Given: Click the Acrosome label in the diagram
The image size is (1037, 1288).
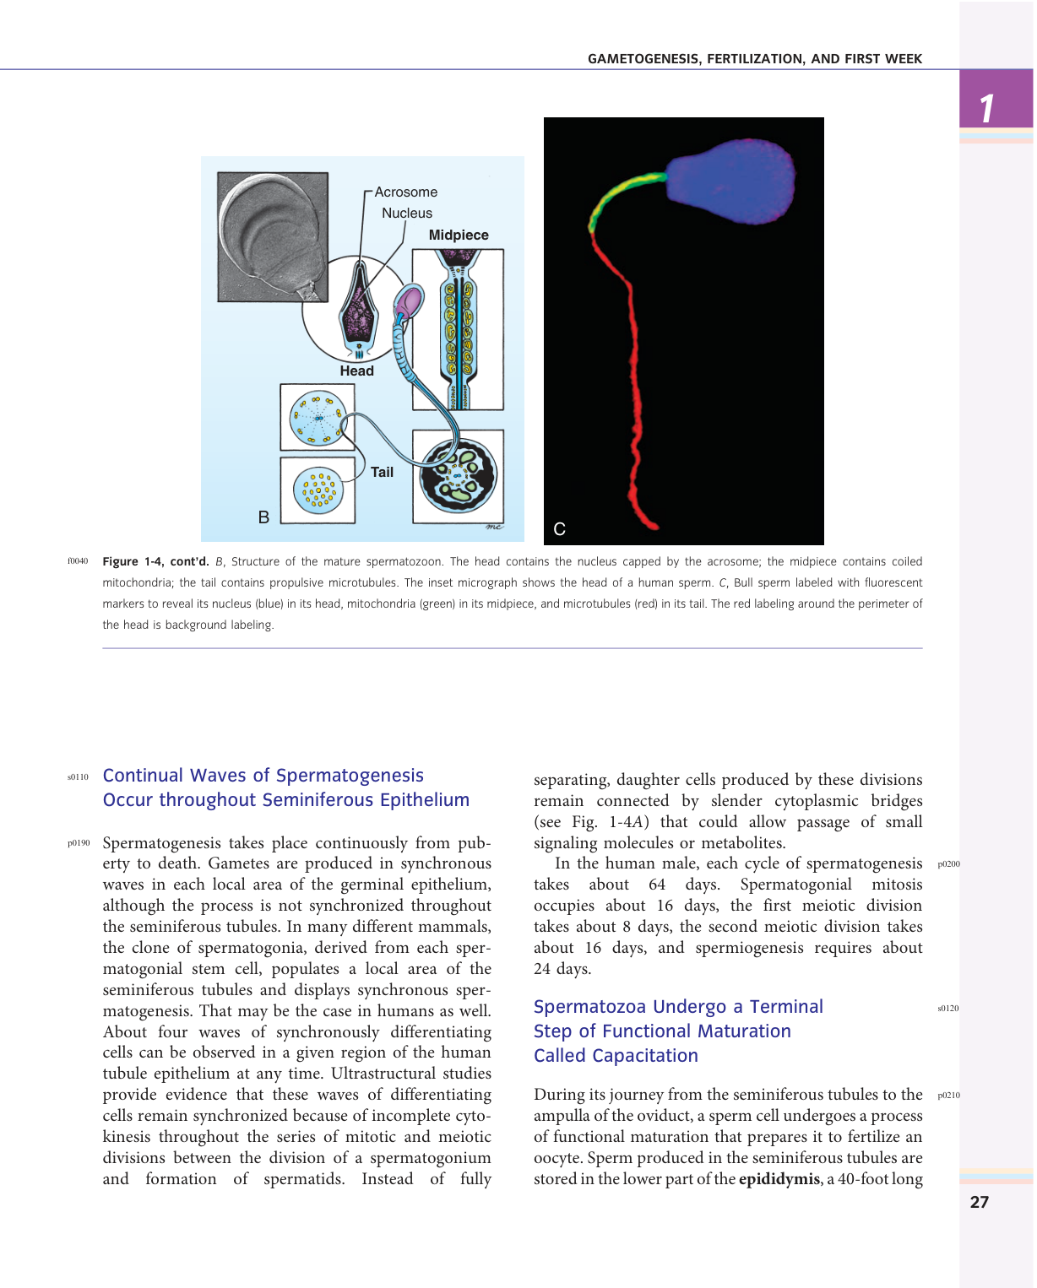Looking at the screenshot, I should (x=406, y=192).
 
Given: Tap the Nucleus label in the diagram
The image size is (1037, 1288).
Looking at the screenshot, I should (x=407, y=214).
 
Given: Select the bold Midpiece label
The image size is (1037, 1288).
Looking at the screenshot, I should (x=459, y=235).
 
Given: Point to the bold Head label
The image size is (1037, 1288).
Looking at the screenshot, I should (x=356, y=371).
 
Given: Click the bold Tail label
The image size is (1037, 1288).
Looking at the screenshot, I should (x=382, y=473).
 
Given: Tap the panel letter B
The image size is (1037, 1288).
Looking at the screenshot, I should (x=263, y=517).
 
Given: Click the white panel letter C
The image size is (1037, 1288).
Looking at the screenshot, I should (x=559, y=529).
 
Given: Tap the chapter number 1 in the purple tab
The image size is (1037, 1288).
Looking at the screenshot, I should (x=986, y=108).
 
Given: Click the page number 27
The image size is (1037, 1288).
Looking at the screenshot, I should (x=979, y=1203).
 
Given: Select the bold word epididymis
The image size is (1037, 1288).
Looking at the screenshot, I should (x=779, y=1179).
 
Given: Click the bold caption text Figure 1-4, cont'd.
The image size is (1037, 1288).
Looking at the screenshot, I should (x=155, y=562).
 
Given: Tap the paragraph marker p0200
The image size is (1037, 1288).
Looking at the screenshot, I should (x=948, y=864).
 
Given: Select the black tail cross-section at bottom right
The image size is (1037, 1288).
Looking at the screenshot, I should (x=459, y=477).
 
